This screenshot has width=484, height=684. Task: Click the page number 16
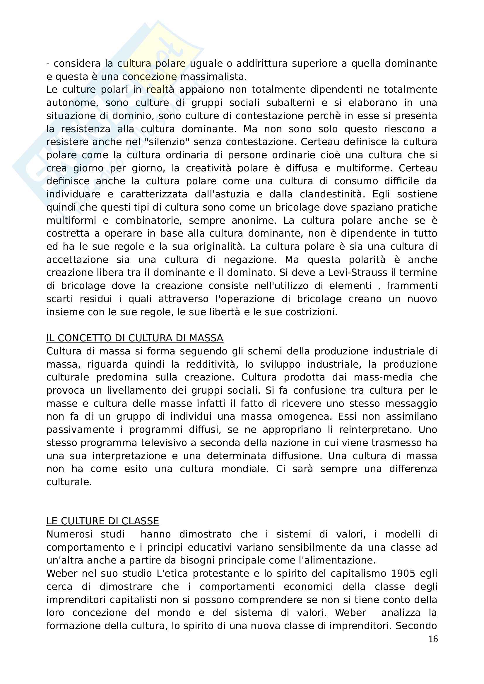tap(433, 639)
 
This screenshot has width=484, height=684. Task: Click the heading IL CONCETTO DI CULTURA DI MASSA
tap(135, 338)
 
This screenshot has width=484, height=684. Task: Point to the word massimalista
tap(213, 77)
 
